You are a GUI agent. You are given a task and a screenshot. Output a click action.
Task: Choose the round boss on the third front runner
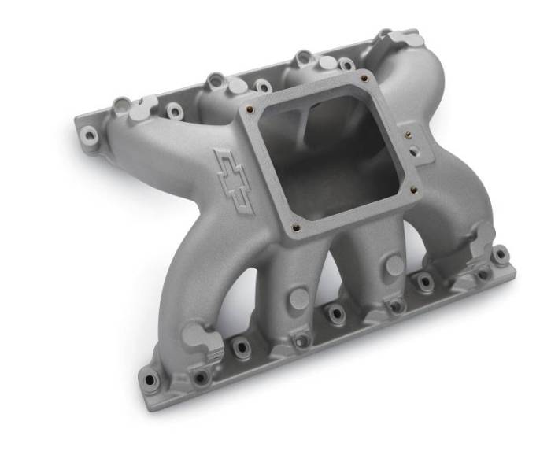pos(394,265)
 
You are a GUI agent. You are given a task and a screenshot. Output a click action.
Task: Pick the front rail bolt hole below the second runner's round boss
pos(300,342)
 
